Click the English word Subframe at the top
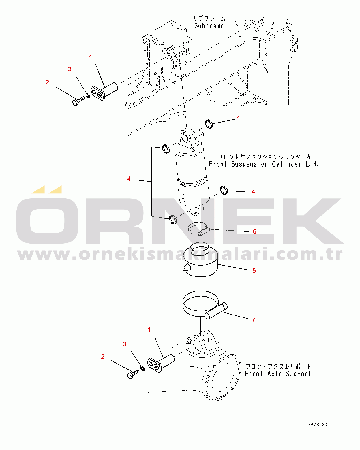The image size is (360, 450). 209,26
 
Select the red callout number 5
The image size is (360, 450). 254,271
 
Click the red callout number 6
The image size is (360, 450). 254,231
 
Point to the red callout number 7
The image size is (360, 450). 254,320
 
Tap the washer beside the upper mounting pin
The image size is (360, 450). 88,95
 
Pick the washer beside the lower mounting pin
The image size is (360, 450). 142,368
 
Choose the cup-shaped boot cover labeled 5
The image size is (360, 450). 200,259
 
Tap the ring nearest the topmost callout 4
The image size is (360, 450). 209,124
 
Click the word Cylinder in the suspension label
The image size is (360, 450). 286,164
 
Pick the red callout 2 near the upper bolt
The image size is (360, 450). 47,82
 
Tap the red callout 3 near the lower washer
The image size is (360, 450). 125,344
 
